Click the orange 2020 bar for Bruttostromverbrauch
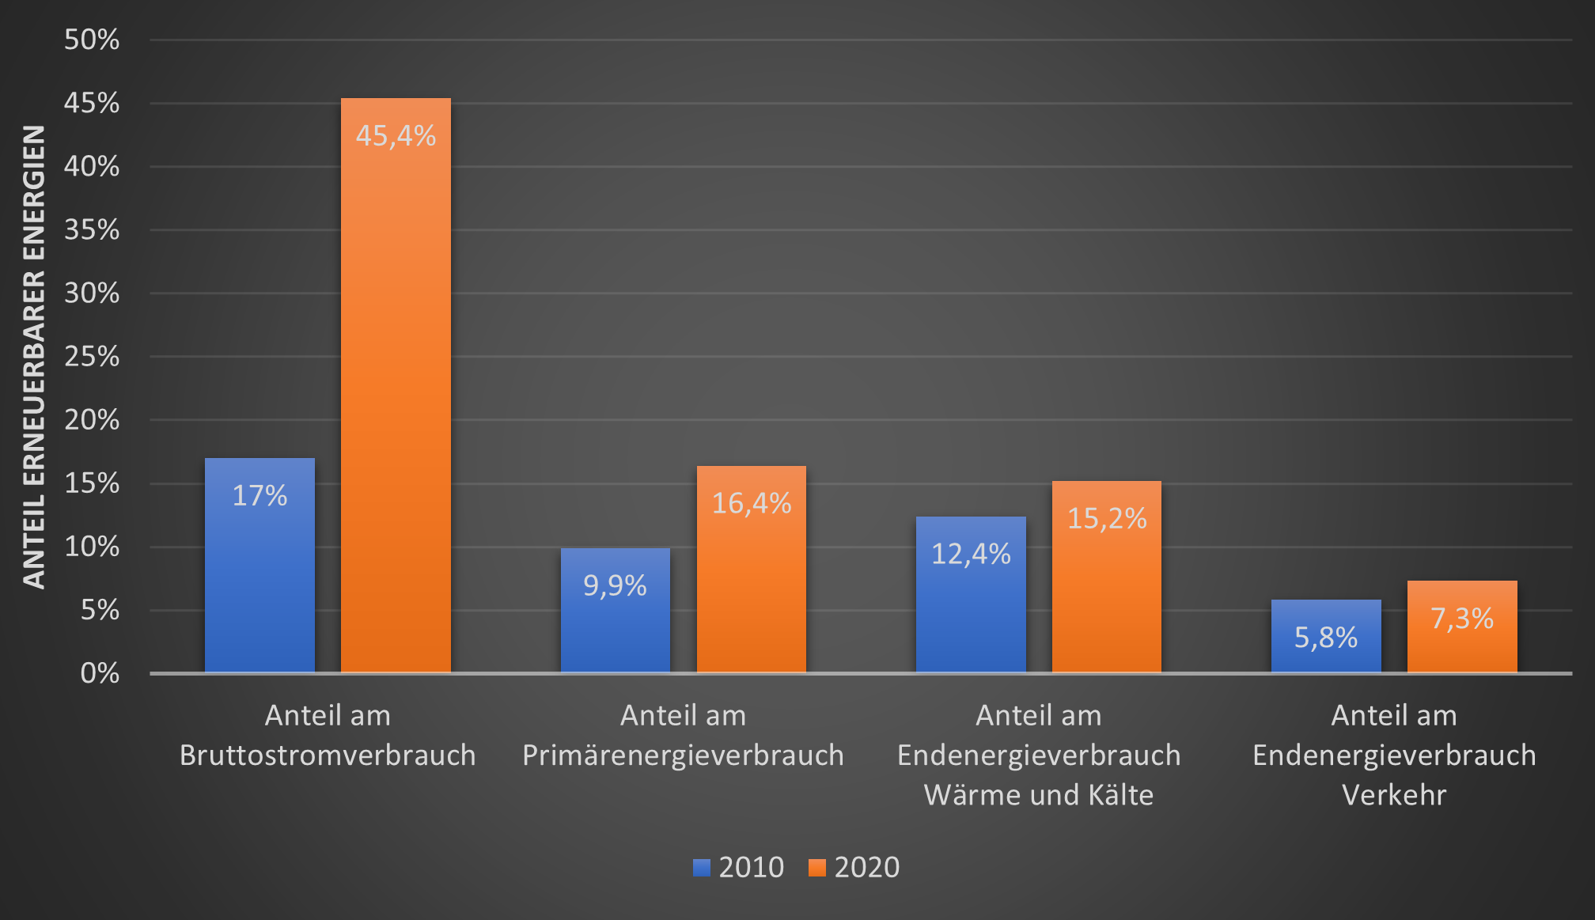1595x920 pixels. [396, 396]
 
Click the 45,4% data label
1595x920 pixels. [396, 136]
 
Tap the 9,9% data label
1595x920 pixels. [615, 586]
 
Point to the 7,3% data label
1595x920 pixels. [1462, 619]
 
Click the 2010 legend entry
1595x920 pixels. [739, 868]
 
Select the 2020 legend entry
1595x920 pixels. [854, 868]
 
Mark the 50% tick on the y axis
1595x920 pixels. [92, 40]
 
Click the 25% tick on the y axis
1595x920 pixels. [92, 357]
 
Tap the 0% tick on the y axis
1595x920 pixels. [100, 673]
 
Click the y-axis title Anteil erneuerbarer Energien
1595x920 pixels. [34, 356]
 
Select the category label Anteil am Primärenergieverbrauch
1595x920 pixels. [683, 736]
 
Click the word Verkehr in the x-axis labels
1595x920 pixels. [1394, 795]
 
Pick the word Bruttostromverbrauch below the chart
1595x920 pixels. [328, 755]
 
